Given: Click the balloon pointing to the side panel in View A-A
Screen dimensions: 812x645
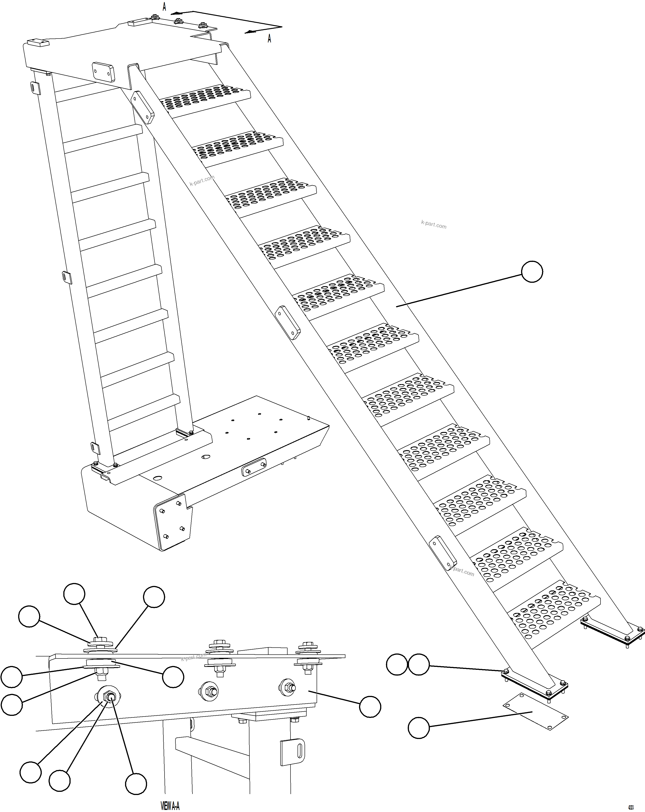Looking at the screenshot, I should (x=370, y=707).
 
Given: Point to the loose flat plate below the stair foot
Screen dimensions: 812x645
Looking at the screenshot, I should (x=536, y=711).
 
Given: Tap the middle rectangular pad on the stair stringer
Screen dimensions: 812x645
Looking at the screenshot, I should (x=287, y=322).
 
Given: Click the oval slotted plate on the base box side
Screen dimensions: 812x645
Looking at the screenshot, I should (x=254, y=467).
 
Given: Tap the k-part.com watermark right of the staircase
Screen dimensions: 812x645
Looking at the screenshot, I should (x=433, y=225).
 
